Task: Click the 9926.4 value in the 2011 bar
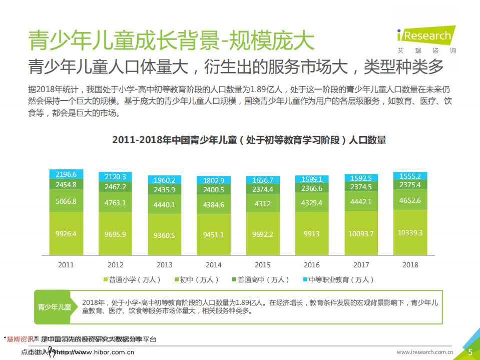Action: coord(66,234)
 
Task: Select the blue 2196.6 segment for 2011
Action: coord(66,174)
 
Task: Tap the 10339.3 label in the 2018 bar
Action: coord(410,233)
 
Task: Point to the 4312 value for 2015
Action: coord(263,204)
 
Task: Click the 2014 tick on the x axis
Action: coord(214,265)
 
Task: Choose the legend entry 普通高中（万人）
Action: coord(260,280)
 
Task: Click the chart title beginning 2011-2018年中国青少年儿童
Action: coord(249,140)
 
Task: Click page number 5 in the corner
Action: coord(470,352)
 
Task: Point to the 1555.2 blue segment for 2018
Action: coord(410,176)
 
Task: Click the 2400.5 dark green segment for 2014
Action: coord(214,190)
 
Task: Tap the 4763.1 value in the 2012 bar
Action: coord(116,203)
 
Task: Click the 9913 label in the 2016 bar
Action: coord(312,233)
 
